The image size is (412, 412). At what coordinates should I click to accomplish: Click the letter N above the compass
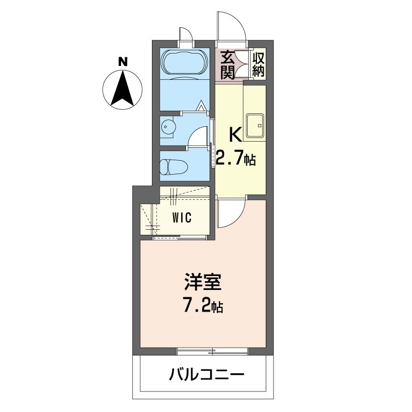click(x=123, y=62)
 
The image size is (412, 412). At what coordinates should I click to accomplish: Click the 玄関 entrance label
click(x=228, y=64)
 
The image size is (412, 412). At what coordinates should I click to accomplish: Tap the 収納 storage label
click(x=258, y=64)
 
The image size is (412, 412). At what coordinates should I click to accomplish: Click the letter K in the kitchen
click(x=235, y=135)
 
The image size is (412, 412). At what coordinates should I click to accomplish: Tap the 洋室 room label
click(x=203, y=284)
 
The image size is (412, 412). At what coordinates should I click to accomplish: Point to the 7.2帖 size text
click(x=203, y=307)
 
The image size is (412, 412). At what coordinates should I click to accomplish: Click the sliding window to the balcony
click(x=212, y=352)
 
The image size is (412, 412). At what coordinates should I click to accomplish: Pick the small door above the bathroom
click(x=185, y=35)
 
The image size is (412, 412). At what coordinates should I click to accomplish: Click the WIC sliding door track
click(x=180, y=237)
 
